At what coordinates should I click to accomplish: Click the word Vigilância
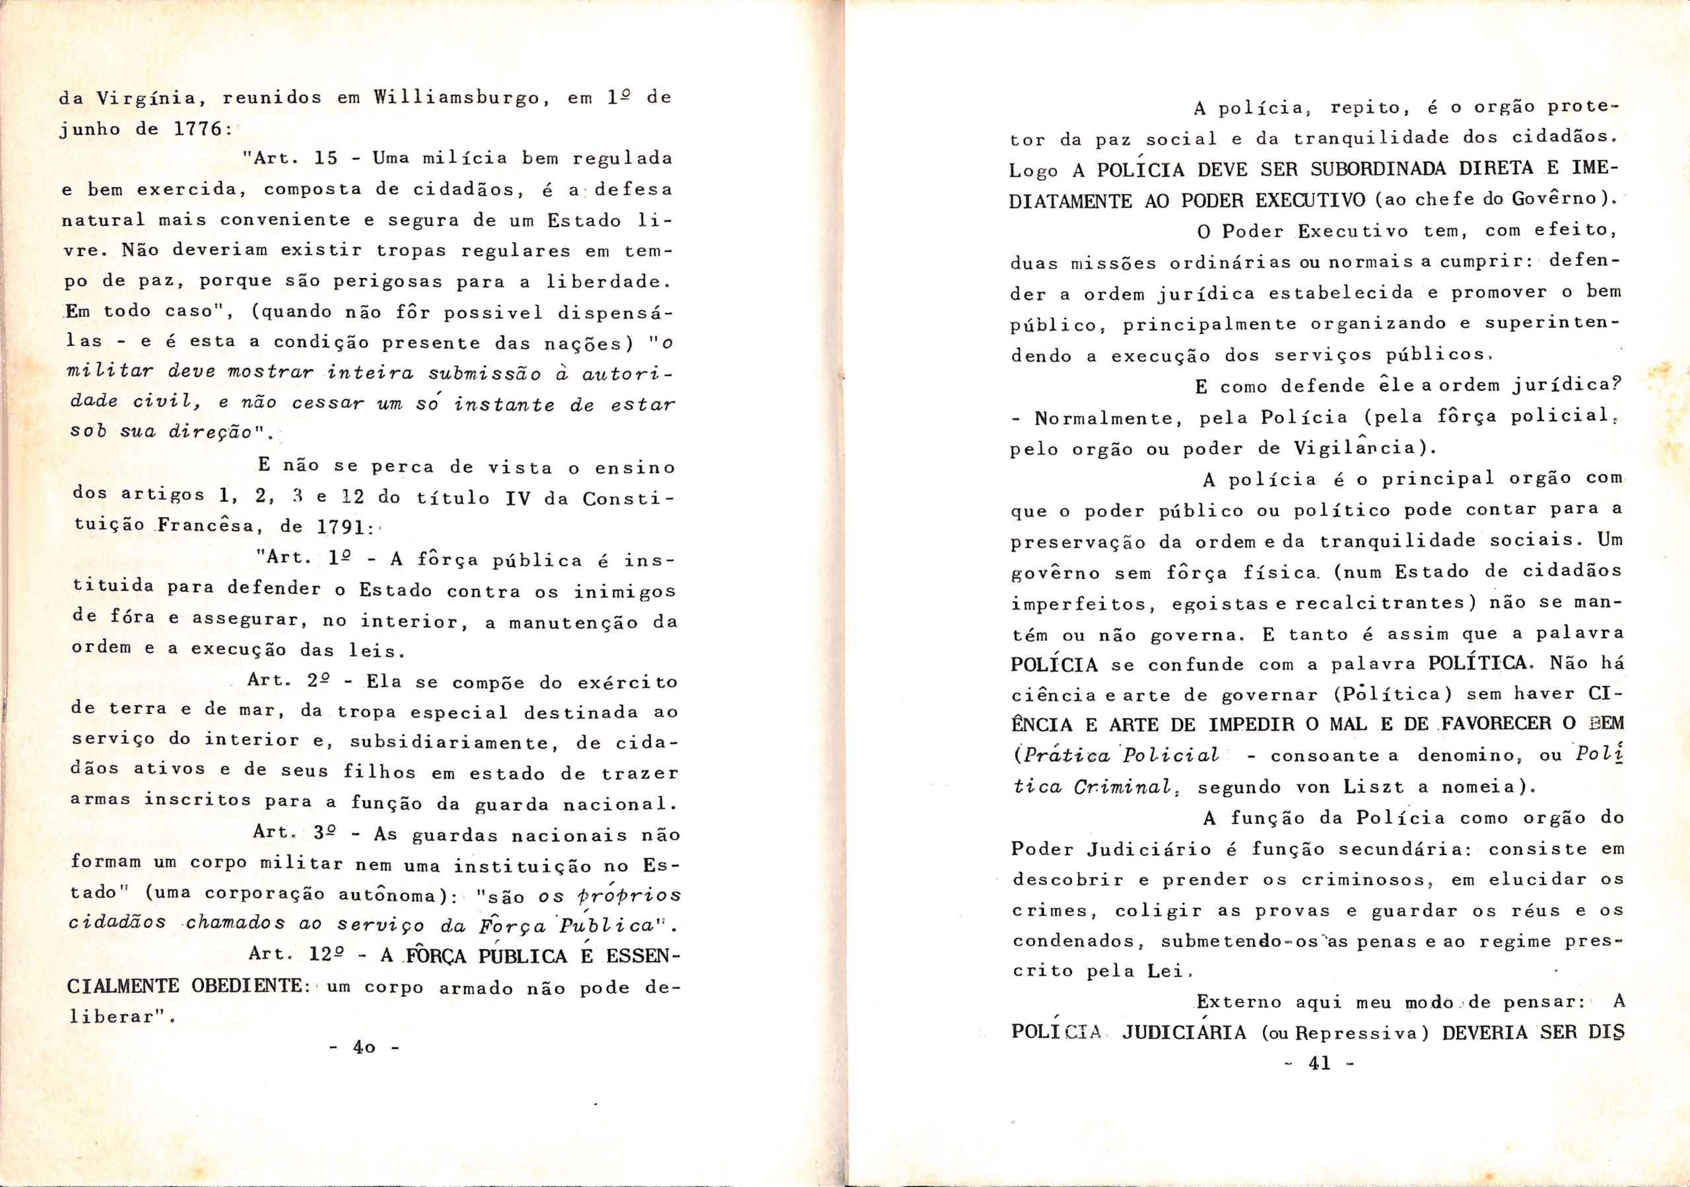point(1357,449)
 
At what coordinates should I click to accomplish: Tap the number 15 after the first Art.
point(325,158)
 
